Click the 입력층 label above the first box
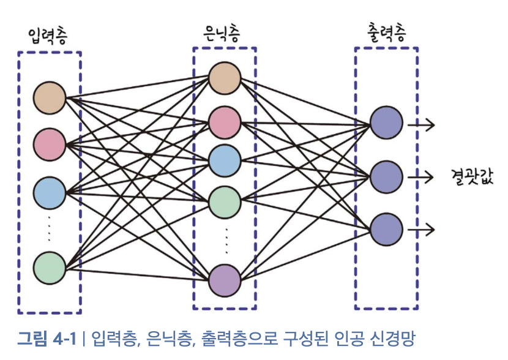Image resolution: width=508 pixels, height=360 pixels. click(x=49, y=36)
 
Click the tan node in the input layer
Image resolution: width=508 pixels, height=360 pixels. click(x=49, y=97)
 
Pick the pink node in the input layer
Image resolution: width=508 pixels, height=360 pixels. click(x=49, y=144)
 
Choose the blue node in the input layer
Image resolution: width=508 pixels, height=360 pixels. click(x=49, y=192)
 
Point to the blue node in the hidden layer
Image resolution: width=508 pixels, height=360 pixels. click(x=224, y=160)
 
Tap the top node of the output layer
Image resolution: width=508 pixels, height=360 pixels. click(x=386, y=123)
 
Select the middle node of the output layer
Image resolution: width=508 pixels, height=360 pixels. click(x=386, y=177)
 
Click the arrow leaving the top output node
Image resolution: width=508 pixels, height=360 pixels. click(x=421, y=125)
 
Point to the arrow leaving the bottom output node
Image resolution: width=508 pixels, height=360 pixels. click(x=421, y=230)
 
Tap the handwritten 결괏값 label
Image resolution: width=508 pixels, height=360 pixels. click(x=472, y=177)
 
